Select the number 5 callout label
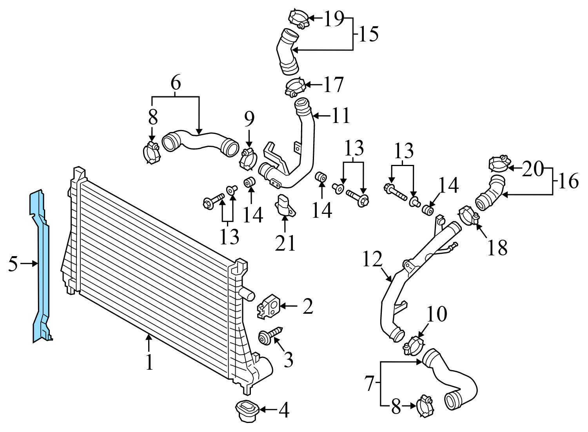(13, 264)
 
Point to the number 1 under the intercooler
(149, 362)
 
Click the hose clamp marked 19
(298, 19)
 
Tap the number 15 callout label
(368, 34)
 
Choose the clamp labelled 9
(248, 158)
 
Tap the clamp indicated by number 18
(468, 217)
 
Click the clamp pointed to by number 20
(500, 164)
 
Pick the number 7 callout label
(370, 383)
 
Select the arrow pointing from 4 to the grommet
(269, 410)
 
